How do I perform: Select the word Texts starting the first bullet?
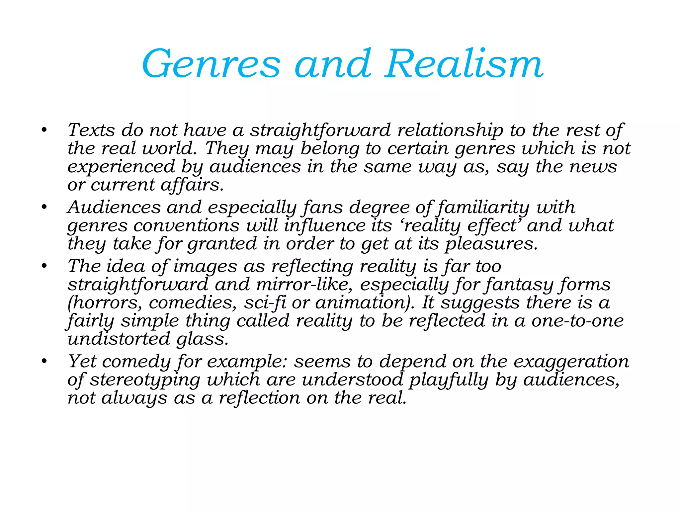[x=91, y=130]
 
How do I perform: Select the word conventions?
[x=186, y=226]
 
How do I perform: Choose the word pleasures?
[x=491, y=244]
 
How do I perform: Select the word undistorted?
[x=119, y=339]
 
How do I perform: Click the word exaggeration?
[x=571, y=362]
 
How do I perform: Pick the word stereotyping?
[x=145, y=380]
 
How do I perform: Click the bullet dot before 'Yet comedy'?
[x=44, y=361]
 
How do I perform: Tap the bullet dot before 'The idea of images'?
[x=44, y=266]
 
